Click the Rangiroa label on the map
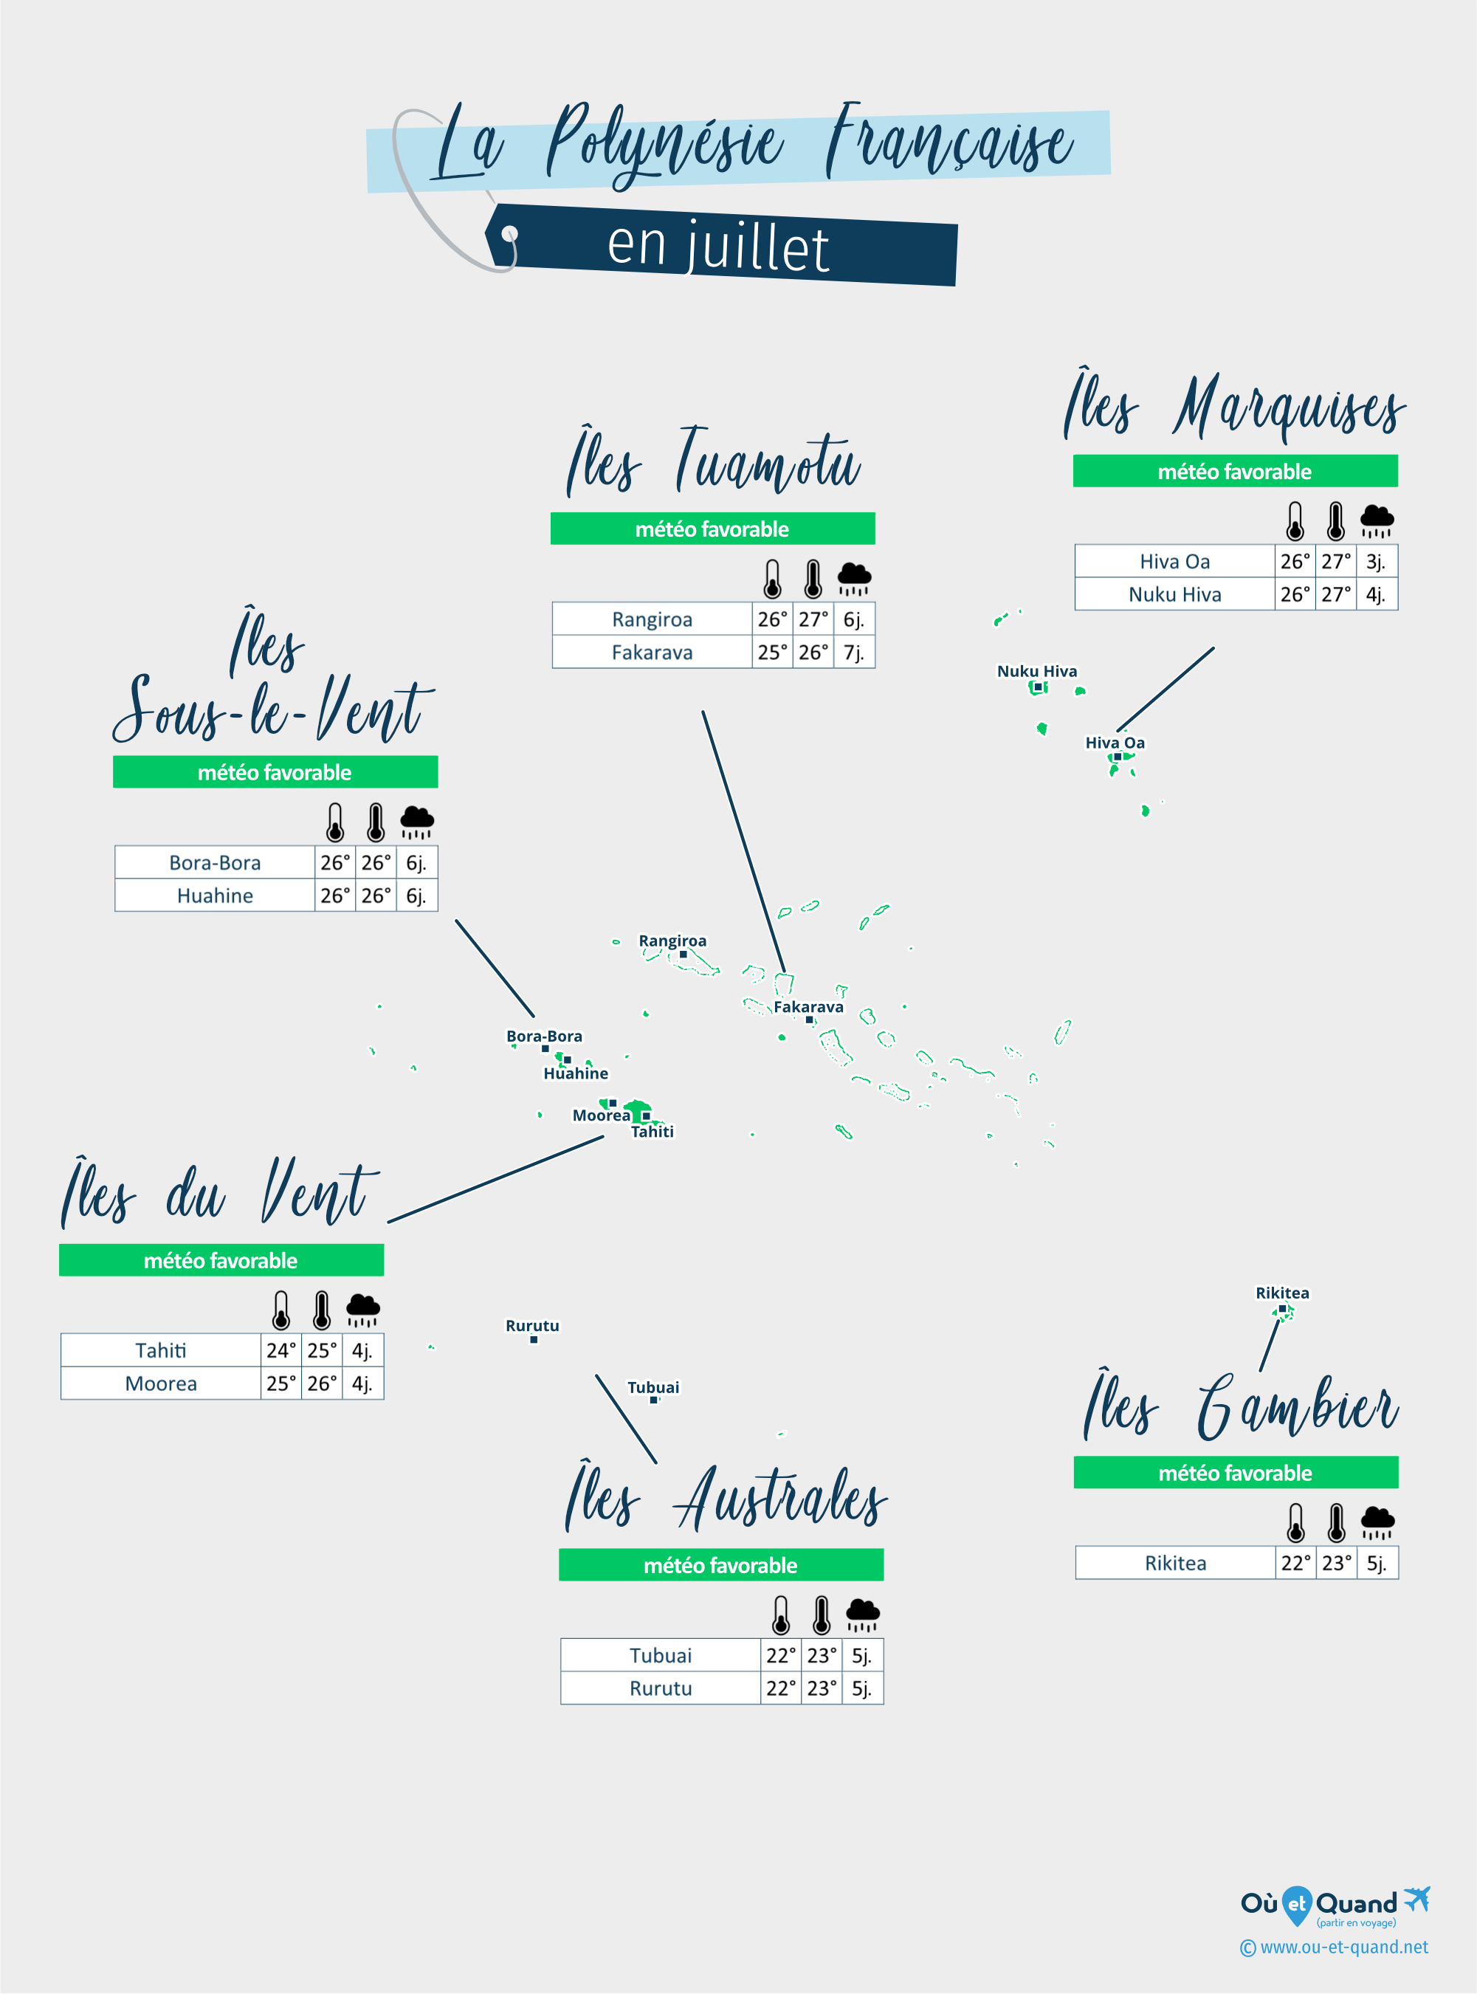[672, 941]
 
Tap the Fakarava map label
[808, 1007]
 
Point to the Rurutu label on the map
[532, 1325]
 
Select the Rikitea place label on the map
[1282, 1293]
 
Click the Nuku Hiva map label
[1037, 672]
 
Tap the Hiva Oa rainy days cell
[1377, 562]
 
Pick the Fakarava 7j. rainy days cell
[855, 652]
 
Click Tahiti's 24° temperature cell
[280, 1350]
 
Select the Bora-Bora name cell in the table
[215, 863]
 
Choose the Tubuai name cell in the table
[661, 1655]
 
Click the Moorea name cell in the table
[161, 1383]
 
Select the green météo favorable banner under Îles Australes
[721, 1565]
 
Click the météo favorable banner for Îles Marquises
[1236, 471]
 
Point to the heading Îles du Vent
[219, 1192]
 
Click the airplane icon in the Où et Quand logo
[1417, 1897]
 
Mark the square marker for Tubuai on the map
[653, 1400]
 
